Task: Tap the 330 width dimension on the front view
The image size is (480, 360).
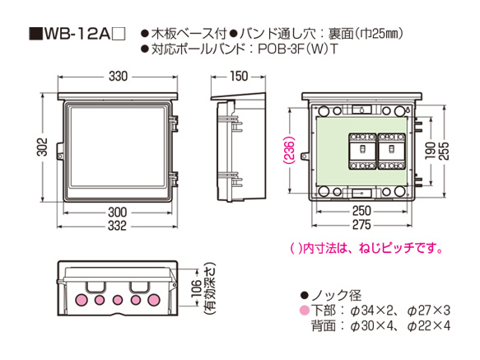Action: [x=118, y=77]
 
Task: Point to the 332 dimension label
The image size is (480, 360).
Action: [x=118, y=226]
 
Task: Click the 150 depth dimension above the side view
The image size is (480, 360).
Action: [x=238, y=77]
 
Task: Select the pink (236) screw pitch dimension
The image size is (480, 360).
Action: [x=291, y=151]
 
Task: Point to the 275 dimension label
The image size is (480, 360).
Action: [x=362, y=226]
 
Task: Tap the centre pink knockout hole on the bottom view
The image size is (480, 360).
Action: [x=119, y=299]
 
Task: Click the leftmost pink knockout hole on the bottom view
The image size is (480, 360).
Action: [x=81, y=299]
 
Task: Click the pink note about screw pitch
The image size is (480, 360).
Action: [x=356, y=247]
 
